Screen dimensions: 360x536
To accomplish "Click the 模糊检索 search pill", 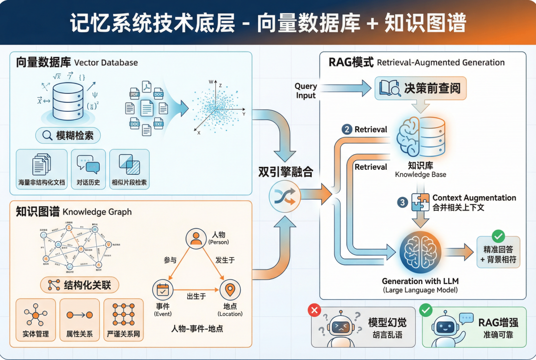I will pyautogui.click(x=68, y=135).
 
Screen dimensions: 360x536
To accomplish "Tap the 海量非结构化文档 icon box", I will pyautogui.click(x=42, y=169).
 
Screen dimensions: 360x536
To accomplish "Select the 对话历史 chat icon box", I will pyautogui.click(x=88, y=169).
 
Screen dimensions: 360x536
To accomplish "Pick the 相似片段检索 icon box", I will pyautogui.click(x=129, y=169).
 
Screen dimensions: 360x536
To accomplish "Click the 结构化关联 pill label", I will pyautogui.click(x=79, y=285).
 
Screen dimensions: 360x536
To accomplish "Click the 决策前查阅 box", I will pyautogui.click(x=420, y=88).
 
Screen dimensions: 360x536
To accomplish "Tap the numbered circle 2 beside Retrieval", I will pyautogui.click(x=346, y=130).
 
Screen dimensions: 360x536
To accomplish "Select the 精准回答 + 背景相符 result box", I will pyautogui.click(x=498, y=252).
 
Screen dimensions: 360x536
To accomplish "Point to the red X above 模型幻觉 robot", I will pyautogui.click(x=314, y=310).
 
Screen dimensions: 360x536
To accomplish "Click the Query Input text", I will pyautogui.click(x=306, y=91).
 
